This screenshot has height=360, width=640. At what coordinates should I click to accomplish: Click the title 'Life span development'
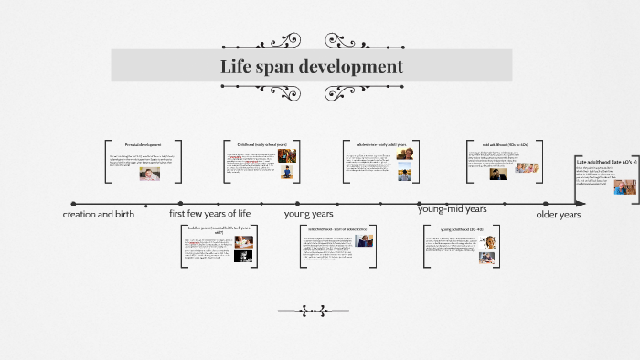pyautogui.click(x=311, y=67)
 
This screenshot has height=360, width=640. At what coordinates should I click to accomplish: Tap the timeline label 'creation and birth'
pyautogui.click(x=98, y=214)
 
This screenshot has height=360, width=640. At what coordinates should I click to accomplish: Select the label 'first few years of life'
pyautogui.click(x=209, y=213)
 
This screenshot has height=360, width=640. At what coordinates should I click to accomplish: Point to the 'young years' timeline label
pyautogui.click(x=308, y=213)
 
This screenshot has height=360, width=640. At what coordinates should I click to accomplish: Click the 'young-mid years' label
pyautogui.click(x=452, y=209)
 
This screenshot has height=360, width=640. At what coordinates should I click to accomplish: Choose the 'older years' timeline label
pyautogui.click(x=558, y=214)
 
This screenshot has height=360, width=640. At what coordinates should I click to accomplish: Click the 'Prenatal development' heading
pyautogui.click(x=144, y=145)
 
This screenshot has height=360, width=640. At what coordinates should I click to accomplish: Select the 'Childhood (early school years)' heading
pyautogui.click(x=261, y=144)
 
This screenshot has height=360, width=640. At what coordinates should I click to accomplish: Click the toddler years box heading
pyautogui.click(x=219, y=229)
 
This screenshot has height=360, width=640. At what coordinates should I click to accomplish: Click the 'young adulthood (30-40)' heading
pyautogui.click(x=461, y=229)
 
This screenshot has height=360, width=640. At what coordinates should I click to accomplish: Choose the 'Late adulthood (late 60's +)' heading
pyautogui.click(x=606, y=161)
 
